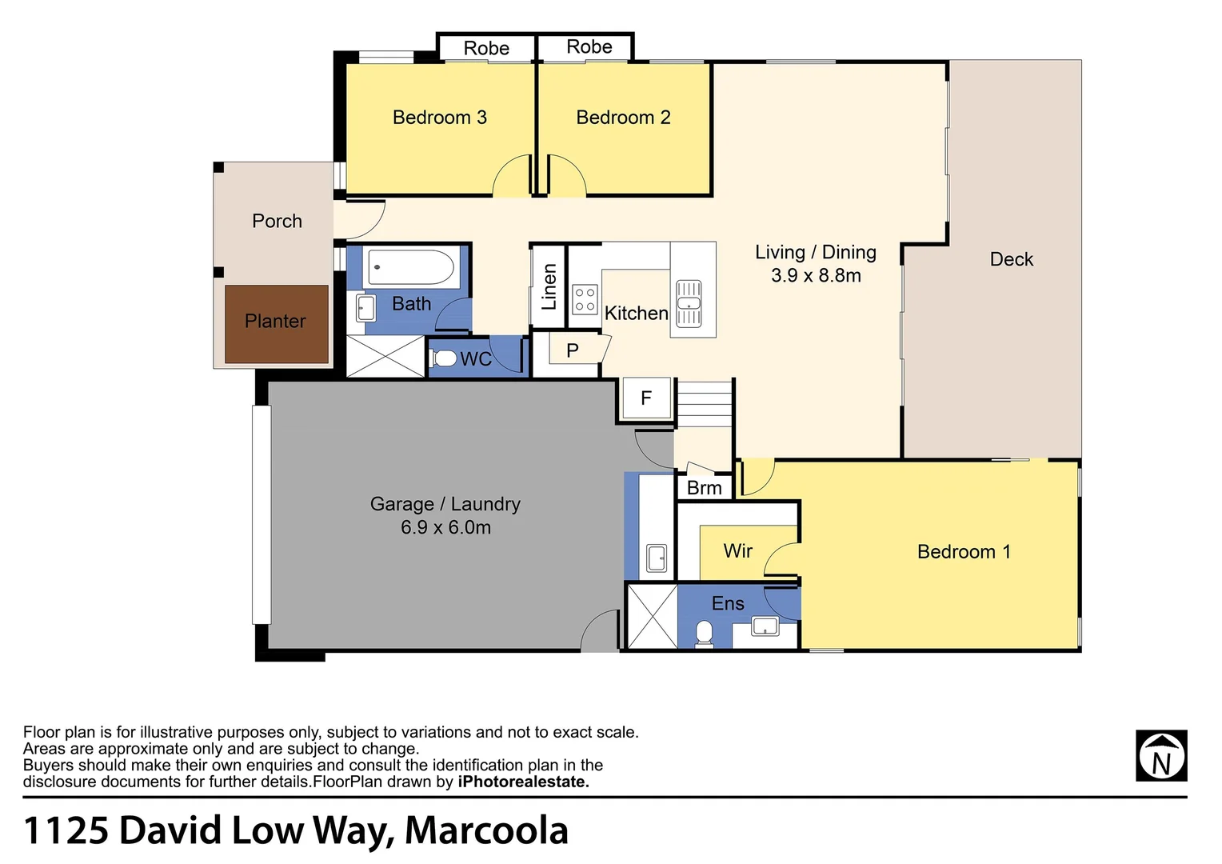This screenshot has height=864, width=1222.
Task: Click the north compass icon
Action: point(1161,756)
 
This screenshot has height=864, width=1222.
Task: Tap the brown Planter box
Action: point(276,324)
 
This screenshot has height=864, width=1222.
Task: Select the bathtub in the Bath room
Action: point(410,267)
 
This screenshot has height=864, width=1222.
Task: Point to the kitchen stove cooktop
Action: point(585,300)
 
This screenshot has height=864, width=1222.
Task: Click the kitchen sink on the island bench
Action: point(689,304)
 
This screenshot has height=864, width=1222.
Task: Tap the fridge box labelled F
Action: point(645,398)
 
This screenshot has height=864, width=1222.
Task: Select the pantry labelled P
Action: point(572,350)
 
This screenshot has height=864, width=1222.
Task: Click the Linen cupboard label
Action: point(549,286)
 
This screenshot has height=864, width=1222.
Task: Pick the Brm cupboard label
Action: point(704,488)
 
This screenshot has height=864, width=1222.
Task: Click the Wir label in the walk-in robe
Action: point(737,550)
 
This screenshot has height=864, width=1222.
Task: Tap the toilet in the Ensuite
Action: point(704,634)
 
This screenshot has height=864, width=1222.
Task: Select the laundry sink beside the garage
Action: point(657,558)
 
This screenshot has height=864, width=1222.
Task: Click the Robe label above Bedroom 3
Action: point(486,49)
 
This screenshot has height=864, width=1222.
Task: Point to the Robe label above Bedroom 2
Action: point(589,47)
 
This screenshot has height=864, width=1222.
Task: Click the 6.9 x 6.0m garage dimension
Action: point(445,528)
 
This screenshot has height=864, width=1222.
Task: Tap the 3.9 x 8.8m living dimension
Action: point(816,276)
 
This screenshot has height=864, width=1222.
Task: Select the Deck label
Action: point(1011,259)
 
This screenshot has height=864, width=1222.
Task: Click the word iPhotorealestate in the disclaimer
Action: point(523,782)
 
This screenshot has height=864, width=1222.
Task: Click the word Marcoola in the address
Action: point(486,830)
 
